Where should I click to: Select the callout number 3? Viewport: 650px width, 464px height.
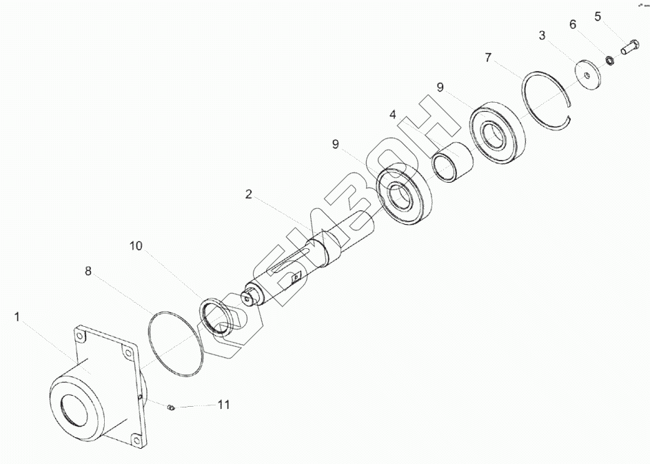click(542, 35)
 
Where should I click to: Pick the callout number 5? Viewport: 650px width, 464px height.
click(597, 16)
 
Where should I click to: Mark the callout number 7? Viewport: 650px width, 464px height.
click(489, 58)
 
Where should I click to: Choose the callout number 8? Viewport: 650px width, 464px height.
click(88, 272)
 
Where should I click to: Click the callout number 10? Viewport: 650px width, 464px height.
click(136, 245)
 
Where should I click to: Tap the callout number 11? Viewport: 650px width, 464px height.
click(224, 404)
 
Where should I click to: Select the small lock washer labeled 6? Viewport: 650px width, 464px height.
click(610, 61)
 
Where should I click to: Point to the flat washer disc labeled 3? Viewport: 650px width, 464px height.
click(588, 74)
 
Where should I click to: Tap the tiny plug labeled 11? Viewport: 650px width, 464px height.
click(172, 407)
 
